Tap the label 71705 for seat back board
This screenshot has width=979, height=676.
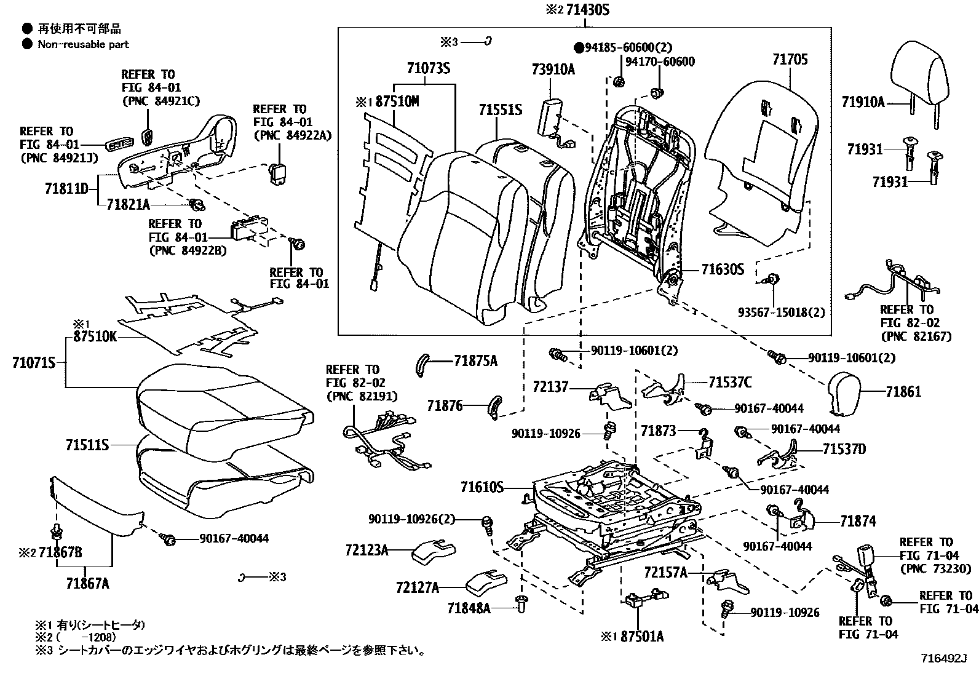click(790, 60)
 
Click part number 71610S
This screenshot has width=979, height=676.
click(482, 488)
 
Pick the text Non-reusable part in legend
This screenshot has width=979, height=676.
click(83, 44)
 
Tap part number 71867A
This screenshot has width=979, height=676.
click(87, 583)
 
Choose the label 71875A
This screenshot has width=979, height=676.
click(475, 361)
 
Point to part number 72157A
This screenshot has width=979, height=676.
click(665, 573)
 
